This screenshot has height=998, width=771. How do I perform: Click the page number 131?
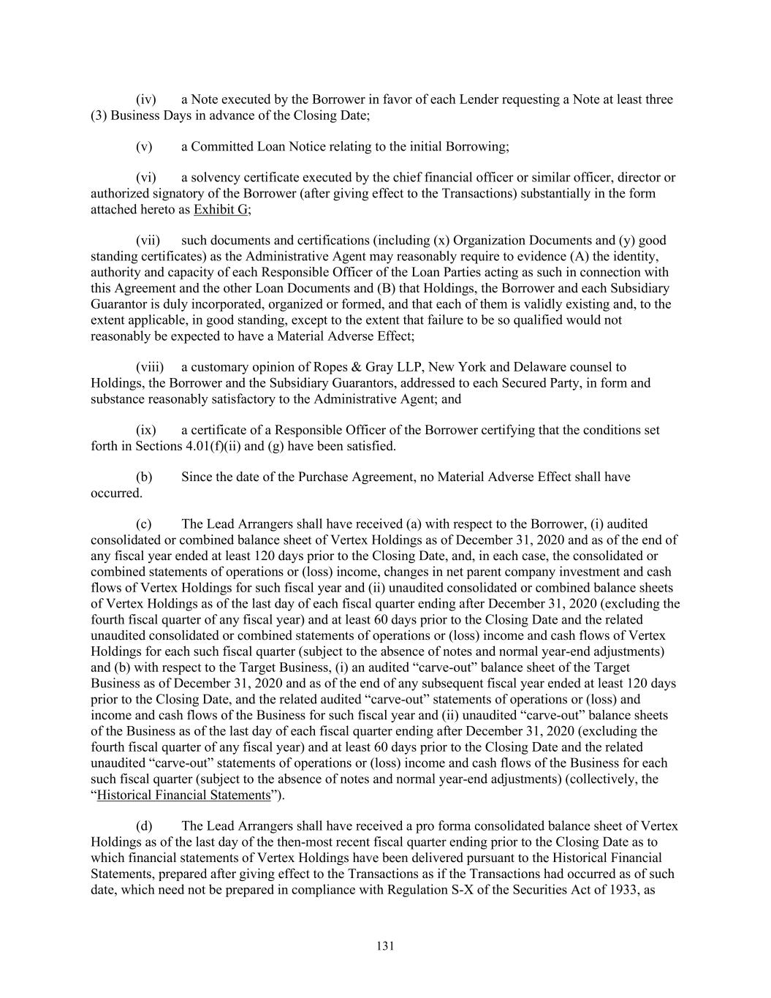point(385,946)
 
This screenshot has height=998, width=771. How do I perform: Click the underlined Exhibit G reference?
point(221,210)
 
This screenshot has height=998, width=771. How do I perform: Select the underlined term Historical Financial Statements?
point(183,795)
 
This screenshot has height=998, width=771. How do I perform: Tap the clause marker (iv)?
point(147,99)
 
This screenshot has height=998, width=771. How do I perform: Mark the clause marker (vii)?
point(148,241)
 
